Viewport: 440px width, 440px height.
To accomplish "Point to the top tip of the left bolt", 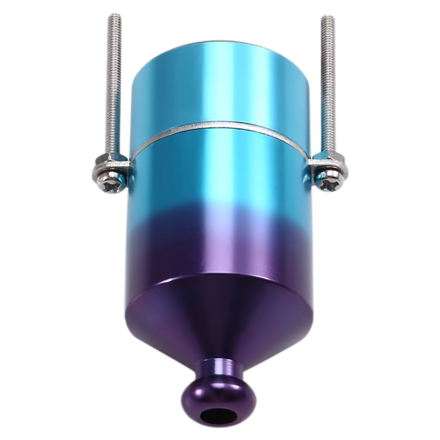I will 115,16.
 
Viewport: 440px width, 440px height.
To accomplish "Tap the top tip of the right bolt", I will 328,18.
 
